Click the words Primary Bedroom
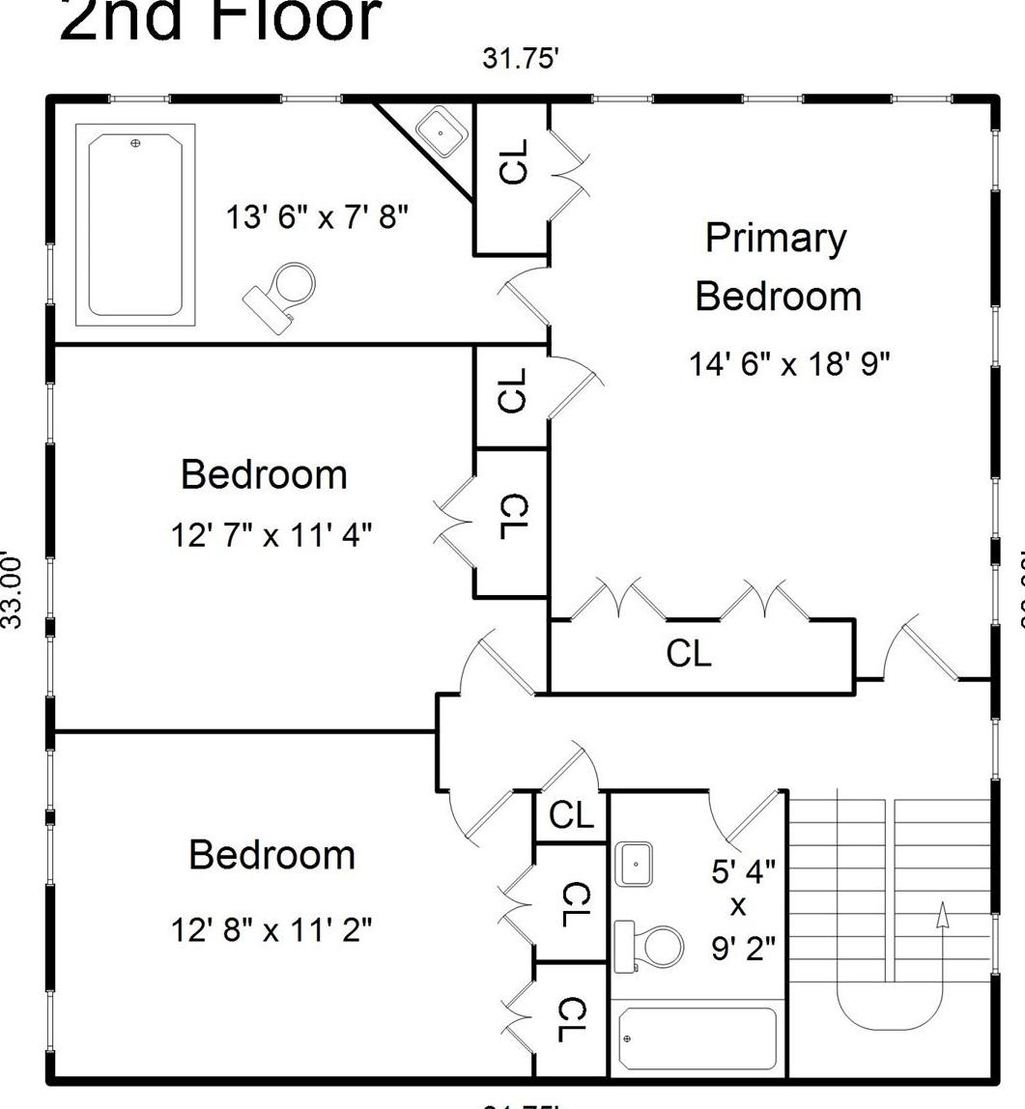pyautogui.click(x=777, y=267)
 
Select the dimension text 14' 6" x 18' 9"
pyautogui.click(x=789, y=364)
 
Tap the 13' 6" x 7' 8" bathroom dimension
pyautogui.click(x=317, y=216)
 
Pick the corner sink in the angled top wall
pyautogui.click(x=441, y=129)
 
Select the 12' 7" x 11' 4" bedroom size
pyautogui.click(x=271, y=533)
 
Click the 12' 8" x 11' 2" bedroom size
pyautogui.click(x=271, y=929)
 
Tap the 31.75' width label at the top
pyautogui.click(x=521, y=59)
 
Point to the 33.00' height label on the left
pyautogui.click(x=11, y=589)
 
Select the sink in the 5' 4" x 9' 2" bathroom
pyautogui.click(x=634, y=864)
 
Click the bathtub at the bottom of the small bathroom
pyautogui.click(x=697, y=1038)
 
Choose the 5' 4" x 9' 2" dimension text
pyautogui.click(x=743, y=909)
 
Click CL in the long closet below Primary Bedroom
pyautogui.click(x=689, y=654)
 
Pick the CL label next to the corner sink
pyautogui.click(x=514, y=161)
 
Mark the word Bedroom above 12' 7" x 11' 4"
pyautogui.click(x=264, y=474)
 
